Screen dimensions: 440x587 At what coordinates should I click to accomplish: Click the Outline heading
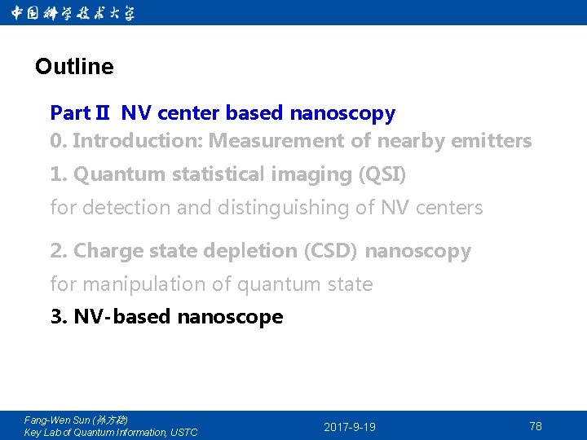point(74,67)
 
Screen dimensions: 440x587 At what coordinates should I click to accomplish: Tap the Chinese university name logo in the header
point(73,13)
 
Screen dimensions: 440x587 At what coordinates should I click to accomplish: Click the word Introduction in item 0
point(138,141)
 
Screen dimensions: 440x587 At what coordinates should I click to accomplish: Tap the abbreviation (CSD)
point(330,251)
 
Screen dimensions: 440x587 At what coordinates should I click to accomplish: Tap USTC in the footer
point(183,433)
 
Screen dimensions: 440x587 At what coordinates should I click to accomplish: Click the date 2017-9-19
point(350,427)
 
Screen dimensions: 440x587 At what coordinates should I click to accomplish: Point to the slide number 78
point(535,426)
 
